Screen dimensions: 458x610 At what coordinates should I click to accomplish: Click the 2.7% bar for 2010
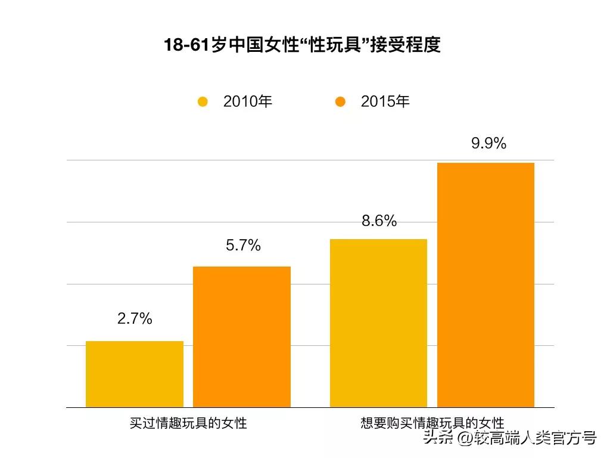click(x=135, y=374)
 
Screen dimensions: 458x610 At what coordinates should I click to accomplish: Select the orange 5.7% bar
click(x=242, y=337)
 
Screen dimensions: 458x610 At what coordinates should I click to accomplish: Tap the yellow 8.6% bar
click(x=379, y=323)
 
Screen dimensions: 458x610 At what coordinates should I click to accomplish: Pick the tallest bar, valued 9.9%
click(x=486, y=285)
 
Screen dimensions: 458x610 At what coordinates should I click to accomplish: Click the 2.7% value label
click(x=135, y=319)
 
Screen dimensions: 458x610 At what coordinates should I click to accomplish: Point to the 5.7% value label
click(x=243, y=245)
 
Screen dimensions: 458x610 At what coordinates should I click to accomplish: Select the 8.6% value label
click(x=379, y=221)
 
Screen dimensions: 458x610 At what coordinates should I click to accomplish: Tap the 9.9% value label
click(x=488, y=143)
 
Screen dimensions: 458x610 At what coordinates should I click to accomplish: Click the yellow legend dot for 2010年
click(x=203, y=102)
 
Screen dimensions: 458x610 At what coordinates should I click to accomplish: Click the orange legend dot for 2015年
click(x=340, y=102)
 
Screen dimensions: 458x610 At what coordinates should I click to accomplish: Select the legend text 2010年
click(x=248, y=101)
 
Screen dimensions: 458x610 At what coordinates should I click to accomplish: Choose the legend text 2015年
click(x=385, y=101)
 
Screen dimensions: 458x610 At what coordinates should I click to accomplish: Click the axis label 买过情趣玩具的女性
click(x=188, y=423)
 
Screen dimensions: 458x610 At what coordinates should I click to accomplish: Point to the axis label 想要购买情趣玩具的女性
click(x=432, y=423)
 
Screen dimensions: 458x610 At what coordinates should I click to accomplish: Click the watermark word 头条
click(x=438, y=438)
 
